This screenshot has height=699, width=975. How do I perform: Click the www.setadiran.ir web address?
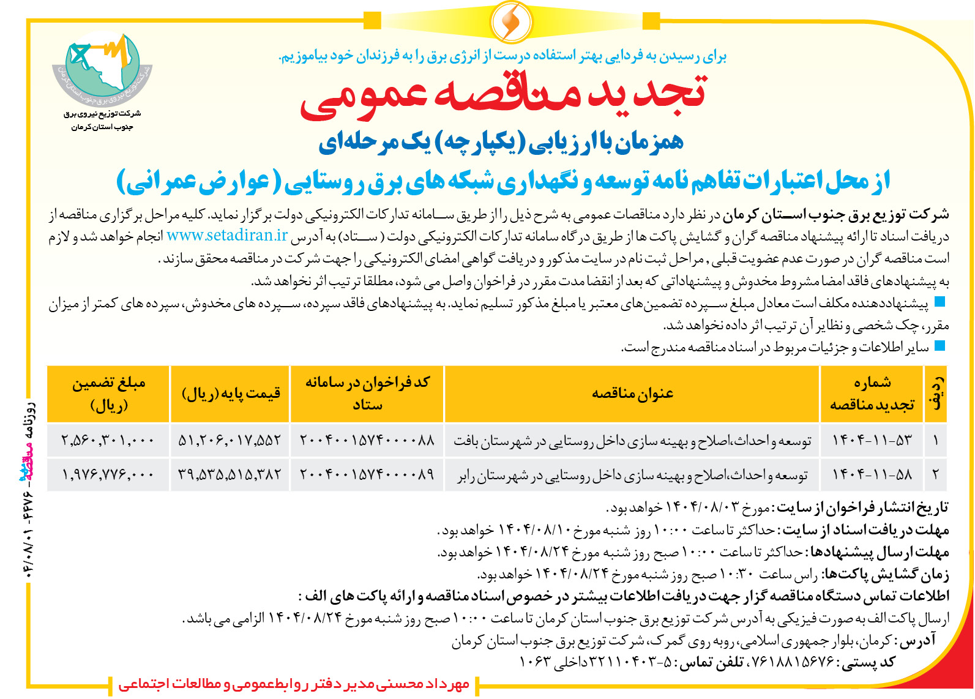tap(227, 236)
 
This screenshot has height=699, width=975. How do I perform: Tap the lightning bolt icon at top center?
tap(510, 21)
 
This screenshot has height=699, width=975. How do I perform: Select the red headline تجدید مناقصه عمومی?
tap(503, 98)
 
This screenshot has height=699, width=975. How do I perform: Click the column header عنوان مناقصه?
tap(632, 394)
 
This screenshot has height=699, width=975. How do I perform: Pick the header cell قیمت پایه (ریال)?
tap(231, 394)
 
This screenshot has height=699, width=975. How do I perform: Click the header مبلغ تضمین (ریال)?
tap(108, 394)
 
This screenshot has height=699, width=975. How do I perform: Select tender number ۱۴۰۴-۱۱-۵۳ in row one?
tap(872, 440)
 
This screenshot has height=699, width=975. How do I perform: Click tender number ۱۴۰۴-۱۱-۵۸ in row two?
tap(872, 474)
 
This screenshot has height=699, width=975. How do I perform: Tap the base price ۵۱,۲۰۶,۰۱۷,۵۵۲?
tap(230, 440)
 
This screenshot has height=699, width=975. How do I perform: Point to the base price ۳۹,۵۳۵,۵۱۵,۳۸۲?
tap(230, 474)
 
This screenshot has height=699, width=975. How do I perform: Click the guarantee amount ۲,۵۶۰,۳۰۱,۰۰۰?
tap(108, 440)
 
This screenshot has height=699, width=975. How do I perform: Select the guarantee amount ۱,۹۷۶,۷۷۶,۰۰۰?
tap(108, 474)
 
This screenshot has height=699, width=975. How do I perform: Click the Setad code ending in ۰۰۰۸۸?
tap(367, 440)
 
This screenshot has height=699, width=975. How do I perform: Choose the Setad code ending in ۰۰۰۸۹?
tap(367, 474)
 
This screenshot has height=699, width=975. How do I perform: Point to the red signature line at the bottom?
tap(294, 684)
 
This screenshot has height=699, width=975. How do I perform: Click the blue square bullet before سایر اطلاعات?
tap(940, 346)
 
